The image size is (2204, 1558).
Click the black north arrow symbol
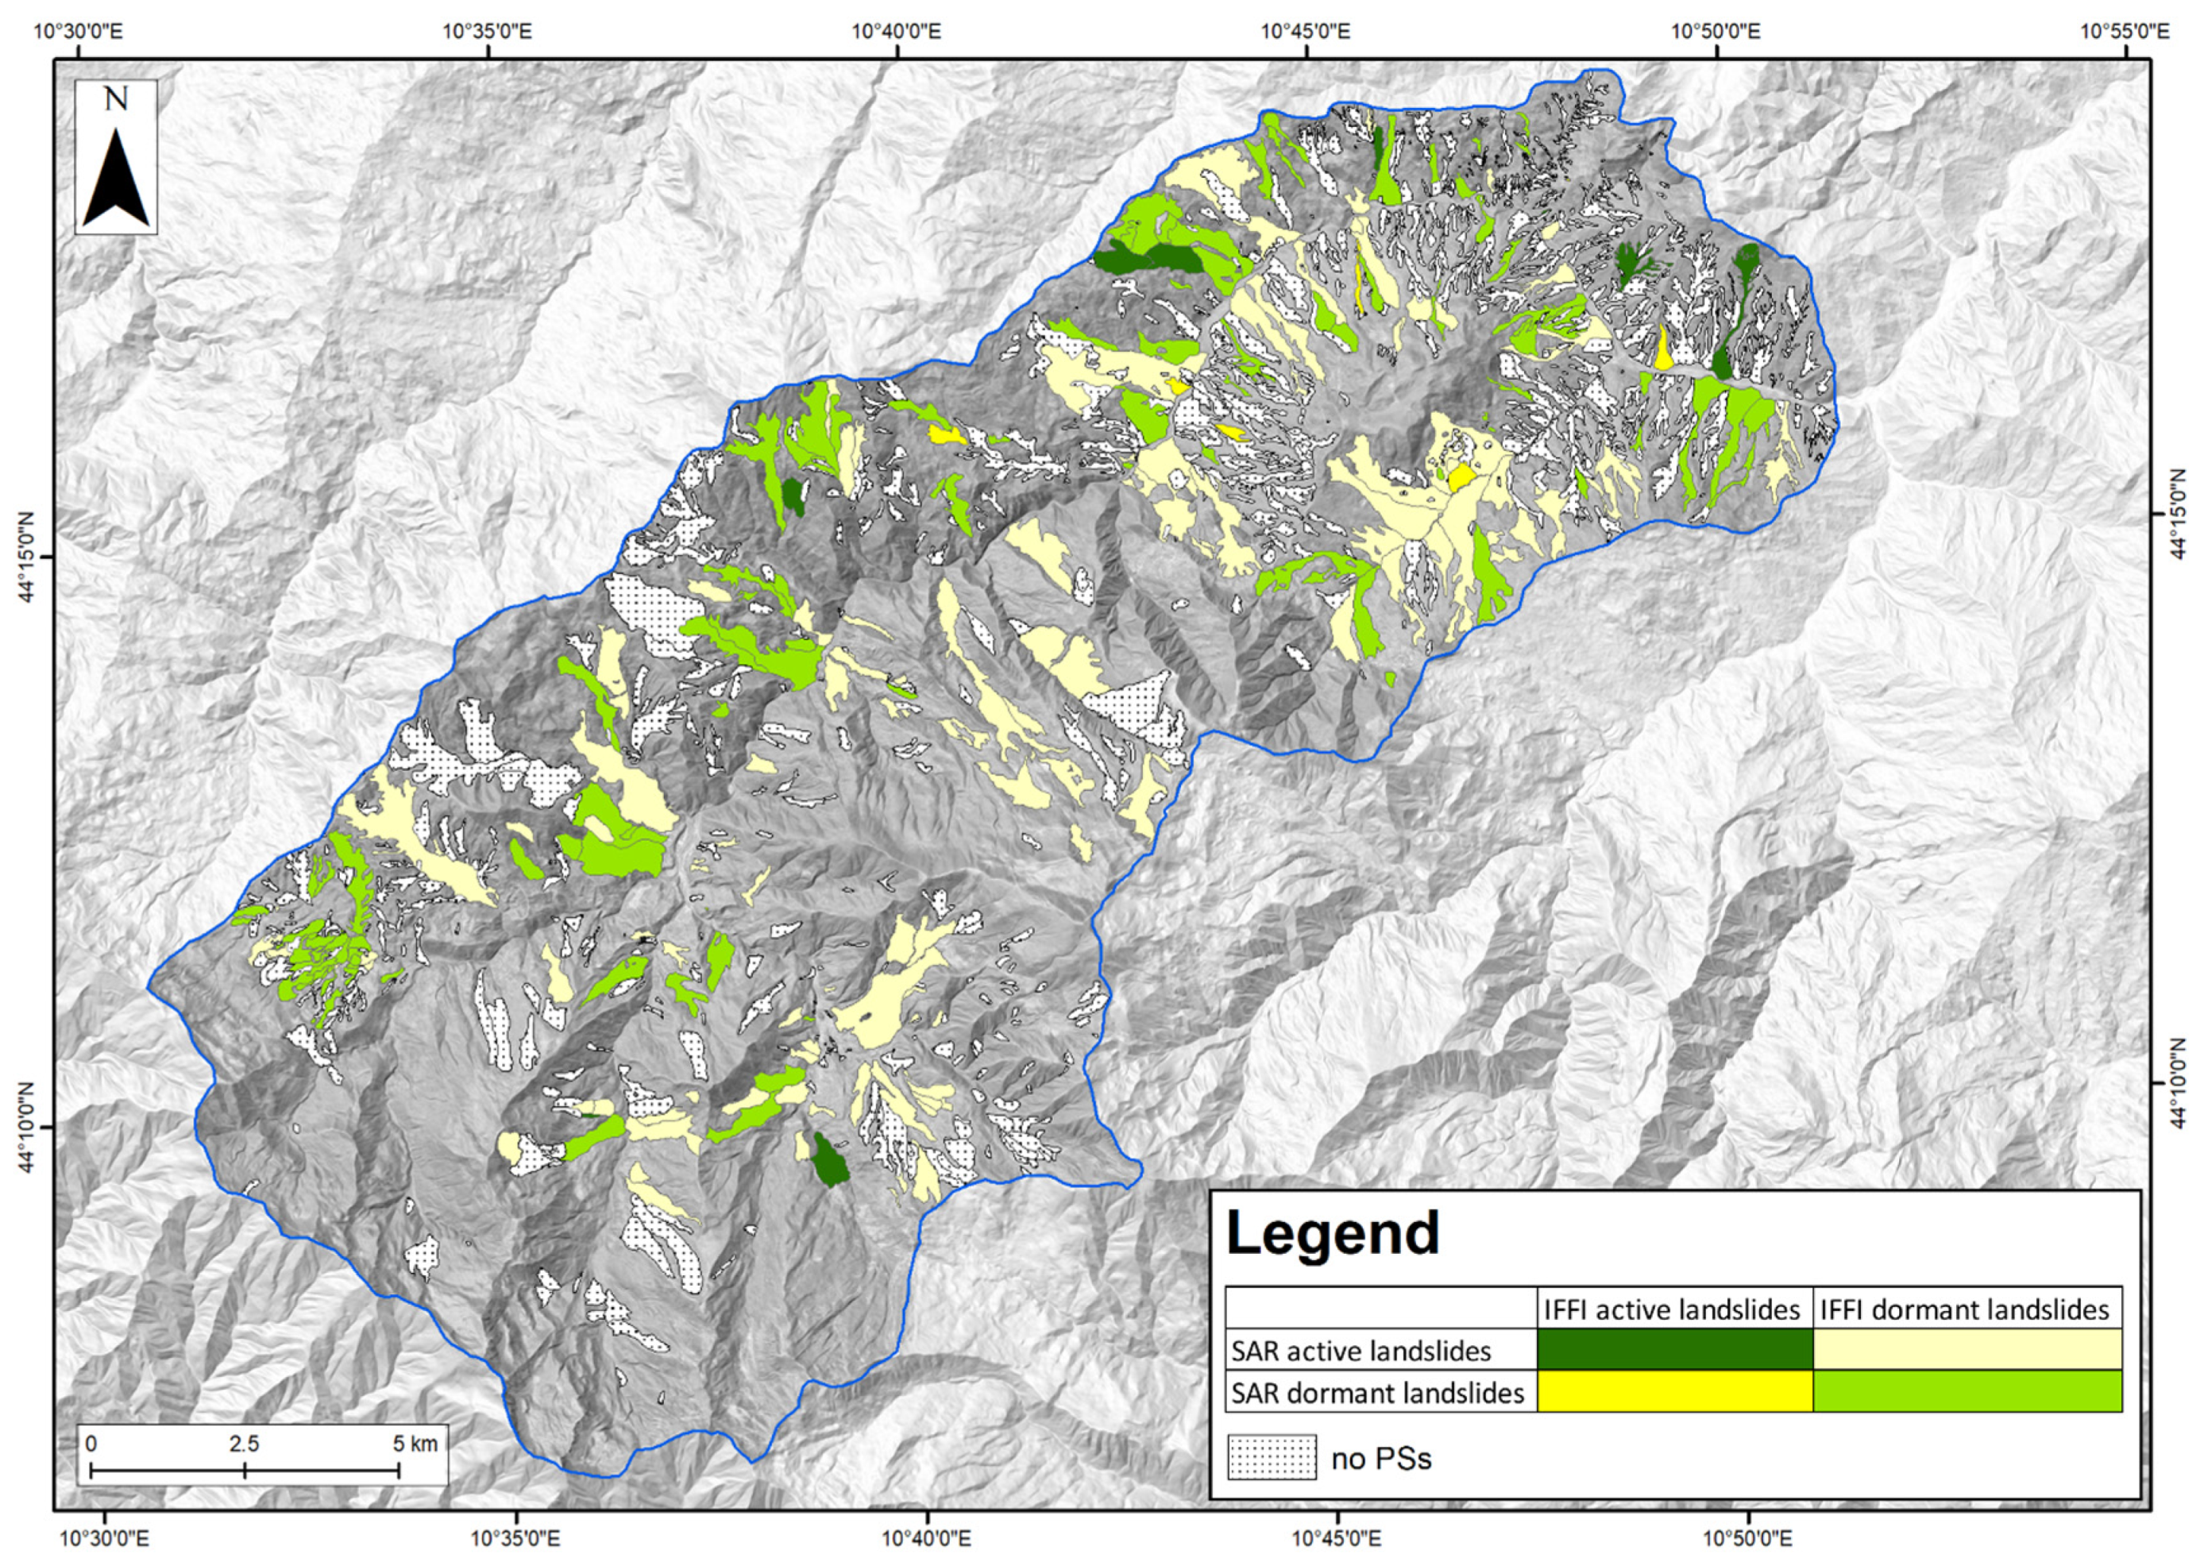pos(116,180)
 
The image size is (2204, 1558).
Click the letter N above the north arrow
pos(116,99)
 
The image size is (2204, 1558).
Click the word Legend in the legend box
pos(1333,1233)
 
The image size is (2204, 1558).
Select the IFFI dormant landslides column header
pos(1965,1309)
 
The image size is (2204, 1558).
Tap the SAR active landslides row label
pos(1361,1352)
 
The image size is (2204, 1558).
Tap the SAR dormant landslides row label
pos(1377,1393)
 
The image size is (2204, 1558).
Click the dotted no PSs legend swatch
pos(1272,1458)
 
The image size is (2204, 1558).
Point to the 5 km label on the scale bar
pos(415,1444)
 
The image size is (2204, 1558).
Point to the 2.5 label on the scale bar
pos(244,1444)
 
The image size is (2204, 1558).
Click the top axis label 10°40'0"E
pos(897,31)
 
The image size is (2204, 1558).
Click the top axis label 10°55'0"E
pos(2125,31)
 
